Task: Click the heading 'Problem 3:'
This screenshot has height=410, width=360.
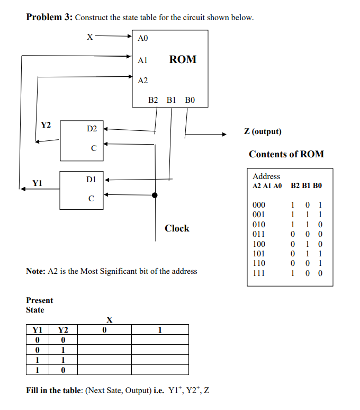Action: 49,17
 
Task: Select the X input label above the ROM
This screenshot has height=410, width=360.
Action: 90,37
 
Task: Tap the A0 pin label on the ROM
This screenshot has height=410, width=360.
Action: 143,38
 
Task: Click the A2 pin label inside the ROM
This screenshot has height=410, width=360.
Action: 142,81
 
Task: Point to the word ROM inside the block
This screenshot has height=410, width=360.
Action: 183,59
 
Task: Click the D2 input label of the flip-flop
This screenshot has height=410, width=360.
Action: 92,129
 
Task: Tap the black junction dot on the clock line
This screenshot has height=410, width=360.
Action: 155,195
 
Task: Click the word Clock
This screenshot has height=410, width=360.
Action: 177,228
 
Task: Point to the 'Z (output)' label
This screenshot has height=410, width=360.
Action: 263,131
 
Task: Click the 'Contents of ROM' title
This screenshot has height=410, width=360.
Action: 286,154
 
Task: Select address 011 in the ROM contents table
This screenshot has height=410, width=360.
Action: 259,234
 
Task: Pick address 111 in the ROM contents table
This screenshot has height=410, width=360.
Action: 259,273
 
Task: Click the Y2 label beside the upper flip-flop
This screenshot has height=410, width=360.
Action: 46,125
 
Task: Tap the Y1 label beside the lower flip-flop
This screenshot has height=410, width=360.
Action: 37,183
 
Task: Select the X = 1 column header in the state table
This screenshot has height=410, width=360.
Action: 160,330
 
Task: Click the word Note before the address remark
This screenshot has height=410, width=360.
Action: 35,271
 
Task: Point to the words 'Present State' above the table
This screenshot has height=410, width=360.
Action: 39,305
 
